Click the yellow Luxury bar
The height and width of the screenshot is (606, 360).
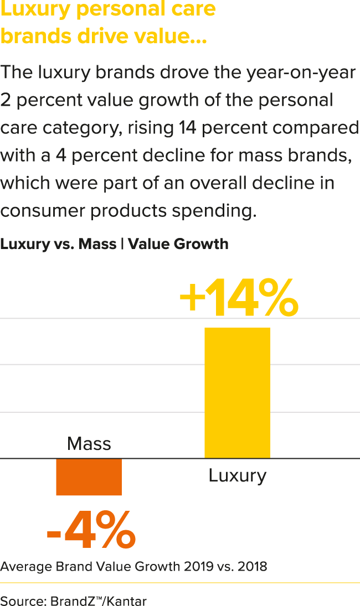pyautogui.click(x=237, y=392)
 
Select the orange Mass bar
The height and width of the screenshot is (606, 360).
pyautogui.click(x=89, y=477)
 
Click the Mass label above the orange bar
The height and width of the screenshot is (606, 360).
pyautogui.click(x=89, y=444)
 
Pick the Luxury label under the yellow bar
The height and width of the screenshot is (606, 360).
pyautogui.click(x=237, y=476)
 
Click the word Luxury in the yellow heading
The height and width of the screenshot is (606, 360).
pyautogui.click(x=32, y=9)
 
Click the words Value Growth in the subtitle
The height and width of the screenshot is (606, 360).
pyautogui.click(x=178, y=244)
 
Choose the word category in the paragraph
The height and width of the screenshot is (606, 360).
pyautogui.click(x=80, y=128)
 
